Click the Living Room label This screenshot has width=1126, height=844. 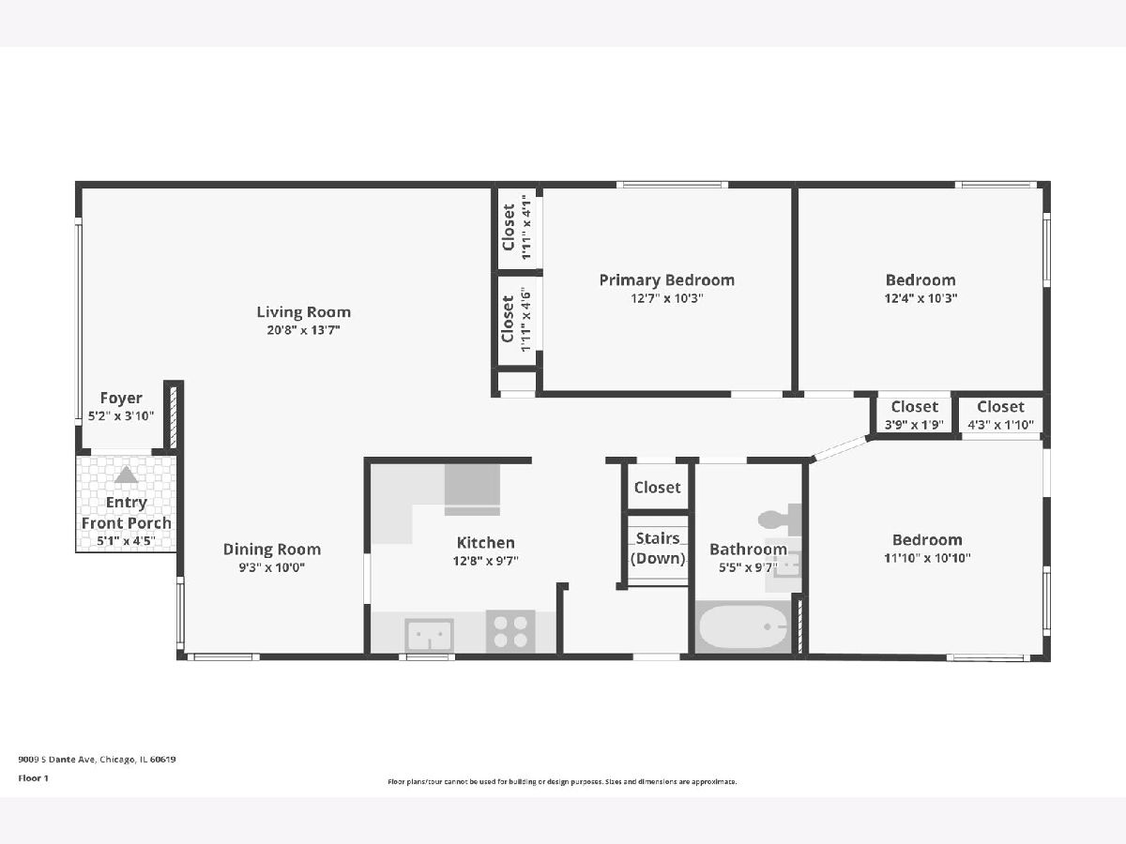click(304, 312)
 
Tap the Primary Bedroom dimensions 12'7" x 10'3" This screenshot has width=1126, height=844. click(667, 298)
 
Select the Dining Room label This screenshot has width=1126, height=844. click(272, 550)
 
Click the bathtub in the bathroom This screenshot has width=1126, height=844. click(743, 626)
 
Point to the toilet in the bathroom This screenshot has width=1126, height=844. click(780, 519)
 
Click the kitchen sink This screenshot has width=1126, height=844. click(429, 635)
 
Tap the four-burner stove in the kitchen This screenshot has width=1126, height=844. click(510, 631)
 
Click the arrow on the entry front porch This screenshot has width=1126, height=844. click(126, 475)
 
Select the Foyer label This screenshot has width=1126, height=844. click(121, 398)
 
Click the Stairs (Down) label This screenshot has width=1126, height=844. click(658, 549)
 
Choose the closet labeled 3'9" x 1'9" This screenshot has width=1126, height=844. click(914, 415)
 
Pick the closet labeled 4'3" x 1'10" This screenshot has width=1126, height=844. click(1001, 415)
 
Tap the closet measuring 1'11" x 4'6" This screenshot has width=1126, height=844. click(517, 320)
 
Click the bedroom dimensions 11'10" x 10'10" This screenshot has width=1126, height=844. click(927, 558)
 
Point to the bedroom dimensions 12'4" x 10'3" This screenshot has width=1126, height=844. click(921, 298)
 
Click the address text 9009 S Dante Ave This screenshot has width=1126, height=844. click(57, 760)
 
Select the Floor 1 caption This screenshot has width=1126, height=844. click(34, 778)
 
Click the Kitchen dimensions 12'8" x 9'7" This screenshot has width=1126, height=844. click(485, 561)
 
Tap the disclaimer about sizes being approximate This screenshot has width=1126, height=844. click(562, 782)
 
